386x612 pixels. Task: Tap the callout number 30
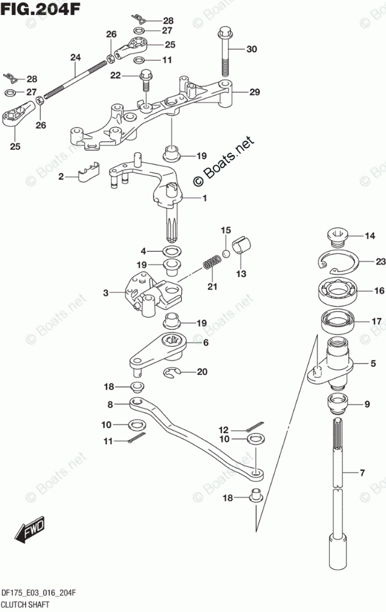[x=251, y=49]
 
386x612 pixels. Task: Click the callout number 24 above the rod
[x=75, y=58]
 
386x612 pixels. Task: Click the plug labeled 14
[x=337, y=235]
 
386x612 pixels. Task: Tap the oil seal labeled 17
[x=338, y=321]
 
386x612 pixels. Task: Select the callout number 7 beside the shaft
[x=363, y=474]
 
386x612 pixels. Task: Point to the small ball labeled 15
[x=226, y=253]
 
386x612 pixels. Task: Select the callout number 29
[x=254, y=92]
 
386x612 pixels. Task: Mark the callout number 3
[x=106, y=292]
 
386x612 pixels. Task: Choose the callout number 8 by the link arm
[x=109, y=404]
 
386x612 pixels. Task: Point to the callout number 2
[x=61, y=177]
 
